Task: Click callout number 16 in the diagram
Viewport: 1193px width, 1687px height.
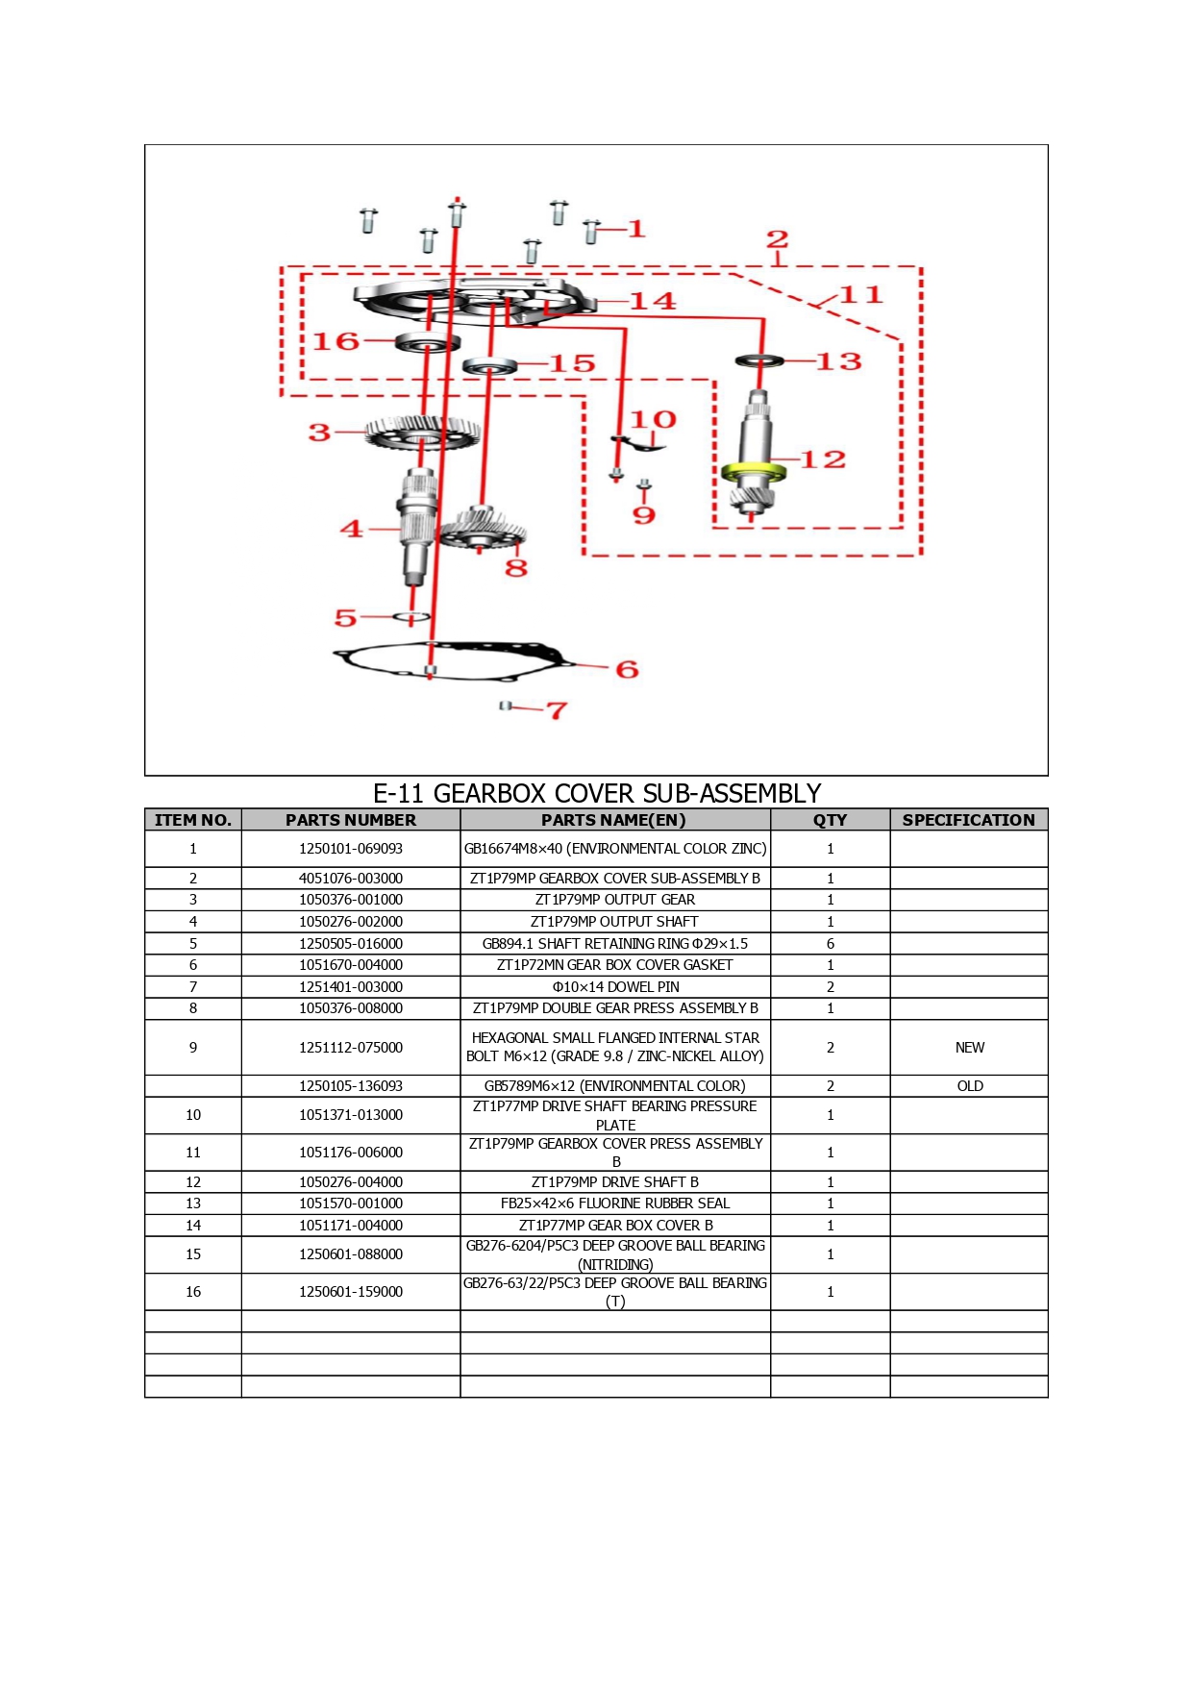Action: [336, 341]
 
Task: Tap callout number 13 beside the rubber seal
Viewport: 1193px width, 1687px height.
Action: [838, 361]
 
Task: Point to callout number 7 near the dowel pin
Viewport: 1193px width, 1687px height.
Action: [557, 710]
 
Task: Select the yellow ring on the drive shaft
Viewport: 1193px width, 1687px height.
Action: [753, 472]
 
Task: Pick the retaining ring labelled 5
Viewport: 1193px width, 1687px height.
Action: [410, 616]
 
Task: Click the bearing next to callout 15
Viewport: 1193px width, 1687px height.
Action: [490, 365]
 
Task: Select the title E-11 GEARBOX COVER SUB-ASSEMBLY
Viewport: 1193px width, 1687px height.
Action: [597, 793]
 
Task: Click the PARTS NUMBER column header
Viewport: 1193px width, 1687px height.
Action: [351, 820]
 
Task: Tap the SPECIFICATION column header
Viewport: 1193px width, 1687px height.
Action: [969, 820]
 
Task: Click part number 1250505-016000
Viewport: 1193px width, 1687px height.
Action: [351, 944]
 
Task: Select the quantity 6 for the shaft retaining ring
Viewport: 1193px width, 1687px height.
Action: [831, 944]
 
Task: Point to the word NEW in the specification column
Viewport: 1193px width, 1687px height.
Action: [970, 1048]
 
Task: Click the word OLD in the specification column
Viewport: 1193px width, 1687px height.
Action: [970, 1086]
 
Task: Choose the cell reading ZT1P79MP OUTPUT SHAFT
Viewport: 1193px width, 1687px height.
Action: [615, 922]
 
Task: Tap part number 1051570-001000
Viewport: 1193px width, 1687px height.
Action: [351, 1203]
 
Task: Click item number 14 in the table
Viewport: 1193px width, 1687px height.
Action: [193, 1226]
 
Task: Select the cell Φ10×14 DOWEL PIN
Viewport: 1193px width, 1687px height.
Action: [615, 987]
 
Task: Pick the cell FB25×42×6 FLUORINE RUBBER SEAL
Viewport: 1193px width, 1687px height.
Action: [615, 1203]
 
